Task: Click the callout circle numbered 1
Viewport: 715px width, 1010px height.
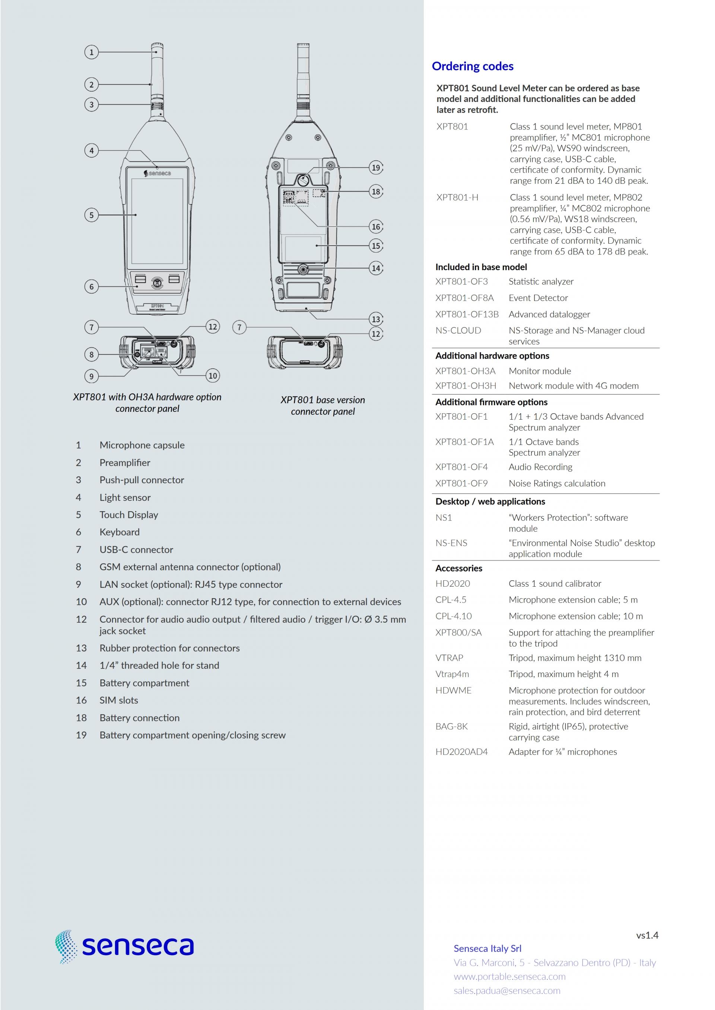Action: [91, 52]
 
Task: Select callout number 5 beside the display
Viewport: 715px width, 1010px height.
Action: [91, 215]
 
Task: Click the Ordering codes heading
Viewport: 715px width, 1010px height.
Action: [473, 67]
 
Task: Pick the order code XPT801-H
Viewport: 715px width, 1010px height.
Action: [457, 198]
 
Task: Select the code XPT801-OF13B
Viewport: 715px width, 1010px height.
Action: [467, 314]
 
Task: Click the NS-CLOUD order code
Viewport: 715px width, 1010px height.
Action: [458, 330]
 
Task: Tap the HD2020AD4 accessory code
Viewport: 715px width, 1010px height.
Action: [461, 752]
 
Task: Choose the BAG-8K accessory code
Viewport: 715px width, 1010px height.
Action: [451, 726]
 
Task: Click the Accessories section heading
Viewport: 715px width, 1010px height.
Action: [458, 568]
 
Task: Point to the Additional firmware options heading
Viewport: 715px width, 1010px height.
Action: [491, 402]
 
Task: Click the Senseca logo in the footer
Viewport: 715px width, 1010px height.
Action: [125, 946]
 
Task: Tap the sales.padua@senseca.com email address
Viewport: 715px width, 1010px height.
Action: [507, 991]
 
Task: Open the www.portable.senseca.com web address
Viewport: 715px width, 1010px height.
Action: [509, 977]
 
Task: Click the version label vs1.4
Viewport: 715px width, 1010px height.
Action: [647, 935]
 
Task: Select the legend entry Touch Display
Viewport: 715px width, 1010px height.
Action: [128, 515]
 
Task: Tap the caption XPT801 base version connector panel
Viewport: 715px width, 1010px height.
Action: [323, 405]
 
